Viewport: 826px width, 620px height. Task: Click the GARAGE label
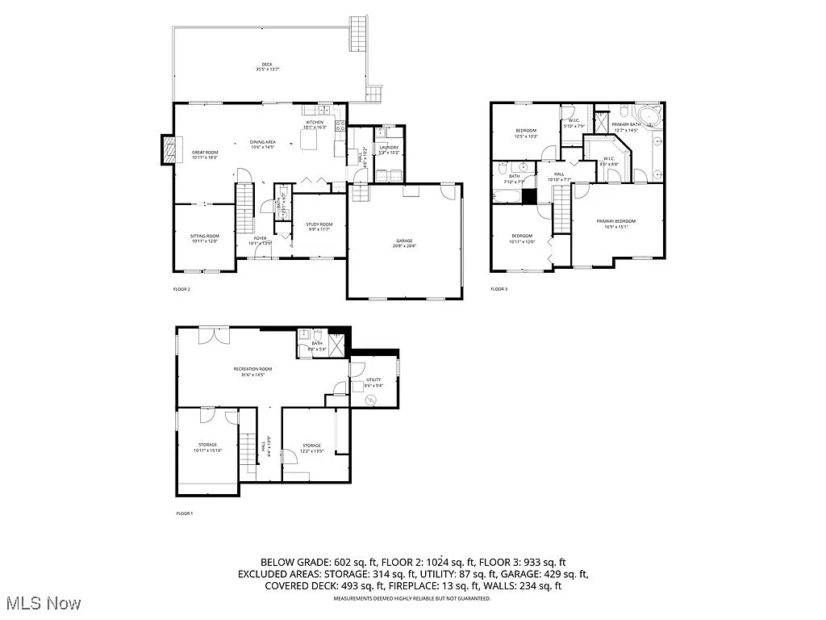pos(404,242)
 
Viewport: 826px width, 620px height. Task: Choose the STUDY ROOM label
pos(319,226)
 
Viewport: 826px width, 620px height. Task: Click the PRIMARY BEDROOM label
pos(616,224)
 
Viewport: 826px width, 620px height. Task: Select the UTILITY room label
pos(373,383)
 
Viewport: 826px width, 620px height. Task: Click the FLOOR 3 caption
pos(499,288)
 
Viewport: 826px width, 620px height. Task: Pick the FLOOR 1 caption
pos(185,513)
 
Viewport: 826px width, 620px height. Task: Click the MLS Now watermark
pos(42,603)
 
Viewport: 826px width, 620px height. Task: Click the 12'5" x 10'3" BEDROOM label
pos(526,132)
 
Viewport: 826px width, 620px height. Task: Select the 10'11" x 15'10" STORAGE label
pos(208,447)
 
